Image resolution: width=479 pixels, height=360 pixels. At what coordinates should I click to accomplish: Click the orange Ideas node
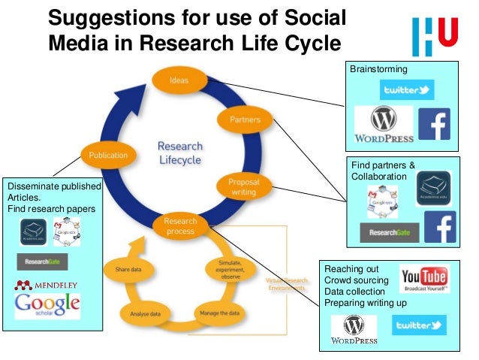(179, 80)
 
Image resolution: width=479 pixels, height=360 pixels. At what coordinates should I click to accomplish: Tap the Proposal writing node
(244, 186)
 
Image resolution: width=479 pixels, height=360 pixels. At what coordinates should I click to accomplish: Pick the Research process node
(180, 225)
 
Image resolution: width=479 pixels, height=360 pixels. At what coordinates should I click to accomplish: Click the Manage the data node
(219, 311)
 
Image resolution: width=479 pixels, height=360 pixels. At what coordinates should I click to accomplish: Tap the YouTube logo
(424, 280)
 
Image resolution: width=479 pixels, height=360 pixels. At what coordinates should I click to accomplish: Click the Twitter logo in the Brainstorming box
(406, 90)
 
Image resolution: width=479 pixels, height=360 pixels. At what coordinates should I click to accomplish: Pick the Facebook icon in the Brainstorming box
(433, 124)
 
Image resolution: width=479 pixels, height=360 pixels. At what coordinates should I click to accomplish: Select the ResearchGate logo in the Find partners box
(389, 233)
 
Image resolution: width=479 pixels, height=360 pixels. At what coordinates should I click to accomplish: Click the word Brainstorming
(379, 69)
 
